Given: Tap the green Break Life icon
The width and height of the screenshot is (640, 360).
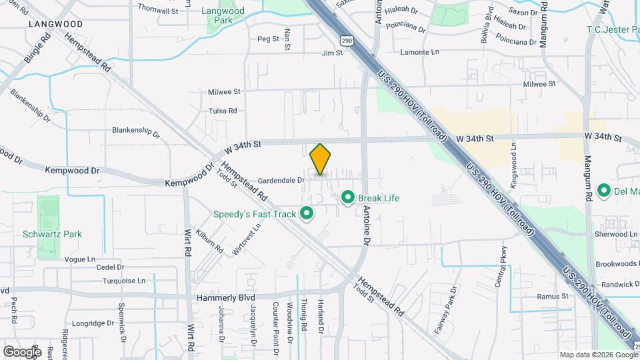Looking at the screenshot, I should [347, 197].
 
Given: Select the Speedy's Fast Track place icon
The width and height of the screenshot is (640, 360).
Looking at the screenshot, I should [307, 214].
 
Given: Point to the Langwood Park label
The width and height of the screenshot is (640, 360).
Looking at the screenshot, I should [223, 16].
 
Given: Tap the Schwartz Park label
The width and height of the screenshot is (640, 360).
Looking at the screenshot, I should [61, 234].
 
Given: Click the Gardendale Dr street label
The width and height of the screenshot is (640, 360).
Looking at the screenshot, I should [281, 180].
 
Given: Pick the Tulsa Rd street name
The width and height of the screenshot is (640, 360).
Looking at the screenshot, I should [223, 111].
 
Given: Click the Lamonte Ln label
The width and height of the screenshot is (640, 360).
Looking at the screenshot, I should [420, 52].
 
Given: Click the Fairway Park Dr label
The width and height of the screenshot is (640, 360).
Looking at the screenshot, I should [453, 303].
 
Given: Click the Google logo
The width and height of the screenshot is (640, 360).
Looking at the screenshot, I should [22, 351].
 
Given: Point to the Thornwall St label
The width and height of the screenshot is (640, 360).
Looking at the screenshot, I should [158, 11].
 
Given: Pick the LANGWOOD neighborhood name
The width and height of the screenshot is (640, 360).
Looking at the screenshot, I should [56, 24].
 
